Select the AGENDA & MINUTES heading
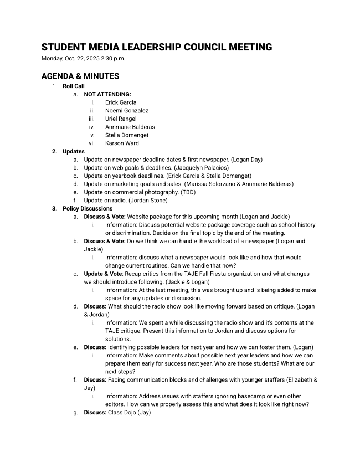click(80, 76)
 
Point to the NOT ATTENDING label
click(107, 94)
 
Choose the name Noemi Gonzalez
click(127, 111)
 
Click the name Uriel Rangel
click(121, 119)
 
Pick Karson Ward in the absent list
click(122, 143)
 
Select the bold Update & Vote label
click(103, 274)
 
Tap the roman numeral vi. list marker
click(92, 143)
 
